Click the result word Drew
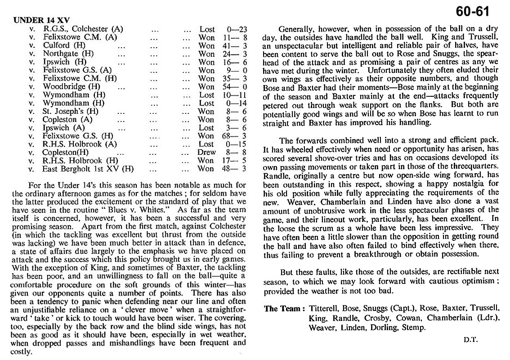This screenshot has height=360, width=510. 207,152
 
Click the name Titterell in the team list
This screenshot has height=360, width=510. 324,308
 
